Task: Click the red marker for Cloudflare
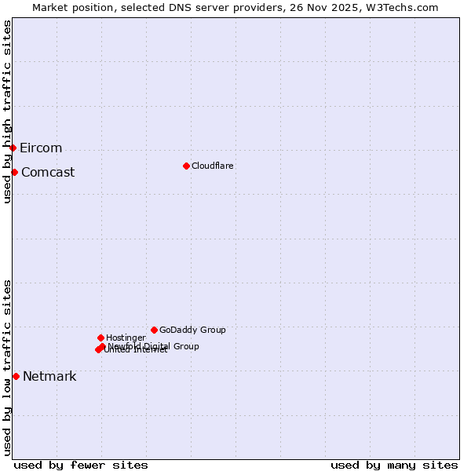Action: pos(186,166)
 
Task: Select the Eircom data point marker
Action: pos(13,148)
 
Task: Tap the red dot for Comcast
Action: pos(14,172)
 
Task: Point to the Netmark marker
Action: pos(16,376)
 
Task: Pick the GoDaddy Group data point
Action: pos(154,330)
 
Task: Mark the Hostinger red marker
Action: pos(100,338)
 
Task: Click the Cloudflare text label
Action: pos(213,166)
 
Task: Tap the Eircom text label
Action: pos(41,148)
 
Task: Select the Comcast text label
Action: pos(48,173)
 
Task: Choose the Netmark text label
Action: pos(49,377)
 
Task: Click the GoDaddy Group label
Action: pos(192,330)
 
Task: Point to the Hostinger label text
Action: pos(126,338)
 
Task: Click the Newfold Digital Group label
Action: pos(154,346)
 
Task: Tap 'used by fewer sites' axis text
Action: pos(81,465)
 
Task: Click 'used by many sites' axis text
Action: pos(394,465)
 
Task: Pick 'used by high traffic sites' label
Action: pos(8,111)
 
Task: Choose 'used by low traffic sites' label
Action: pos(8,367)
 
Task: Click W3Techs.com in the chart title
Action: pos(405,8)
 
